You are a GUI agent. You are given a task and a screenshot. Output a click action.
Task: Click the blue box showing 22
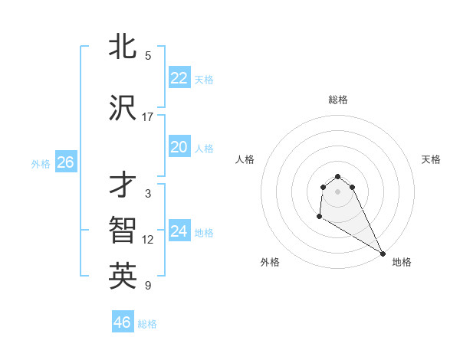click(x=179, y=78)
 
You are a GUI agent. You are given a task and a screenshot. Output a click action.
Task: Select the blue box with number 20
click(x=179, y=147)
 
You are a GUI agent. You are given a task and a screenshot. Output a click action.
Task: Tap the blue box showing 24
click(x=179, y=231)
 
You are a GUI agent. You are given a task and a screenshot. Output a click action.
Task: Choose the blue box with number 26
click(x=65, y=162)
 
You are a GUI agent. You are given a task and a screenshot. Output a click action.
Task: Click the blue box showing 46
click(x=122, y=322)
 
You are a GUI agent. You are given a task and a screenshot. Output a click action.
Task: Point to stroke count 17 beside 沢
click(x=148, y=117)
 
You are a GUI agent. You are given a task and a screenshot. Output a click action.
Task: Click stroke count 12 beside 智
click(x=148, y=240)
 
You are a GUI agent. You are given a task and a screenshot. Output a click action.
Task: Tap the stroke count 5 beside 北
click(x=148, y=56)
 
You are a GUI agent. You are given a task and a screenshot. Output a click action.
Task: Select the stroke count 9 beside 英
click(x=148, y=286)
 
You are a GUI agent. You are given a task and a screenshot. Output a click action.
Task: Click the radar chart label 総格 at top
click(x=338, y=100)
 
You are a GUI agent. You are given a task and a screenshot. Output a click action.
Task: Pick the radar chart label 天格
click(x=431, y=159)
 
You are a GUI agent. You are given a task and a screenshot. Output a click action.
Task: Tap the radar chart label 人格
click(x=245, y=159)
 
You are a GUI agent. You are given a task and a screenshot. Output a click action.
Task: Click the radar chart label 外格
click(x=270, y=262)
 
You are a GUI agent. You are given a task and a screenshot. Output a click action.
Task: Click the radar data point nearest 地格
click(x=383, y=253)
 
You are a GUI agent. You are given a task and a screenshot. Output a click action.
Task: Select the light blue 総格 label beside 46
click(x=147, y=324)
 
